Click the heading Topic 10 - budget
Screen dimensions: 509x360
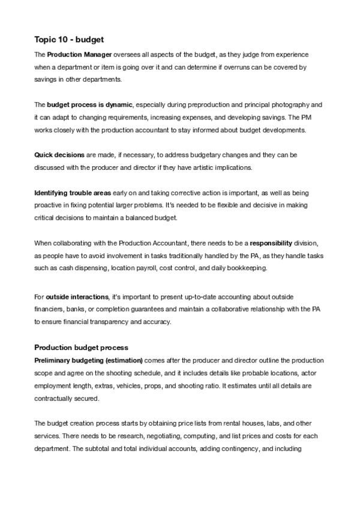coord(69,40)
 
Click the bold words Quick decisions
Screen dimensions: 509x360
coord(59,154)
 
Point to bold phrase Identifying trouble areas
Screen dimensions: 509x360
coord(73,193)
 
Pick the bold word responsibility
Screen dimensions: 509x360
coord(271,243)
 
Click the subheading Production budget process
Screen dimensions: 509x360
coord(81,348)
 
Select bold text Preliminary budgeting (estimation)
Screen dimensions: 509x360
coord(88,360)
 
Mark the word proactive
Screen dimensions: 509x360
coord(50,205)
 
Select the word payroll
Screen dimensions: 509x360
coord(158,268)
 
